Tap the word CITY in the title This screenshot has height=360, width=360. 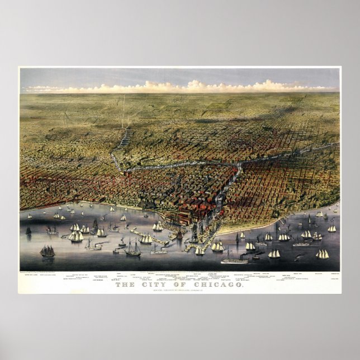point(153,286)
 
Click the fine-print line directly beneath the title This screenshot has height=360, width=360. point(180,291)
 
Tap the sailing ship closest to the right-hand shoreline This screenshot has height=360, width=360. point(319,214)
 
